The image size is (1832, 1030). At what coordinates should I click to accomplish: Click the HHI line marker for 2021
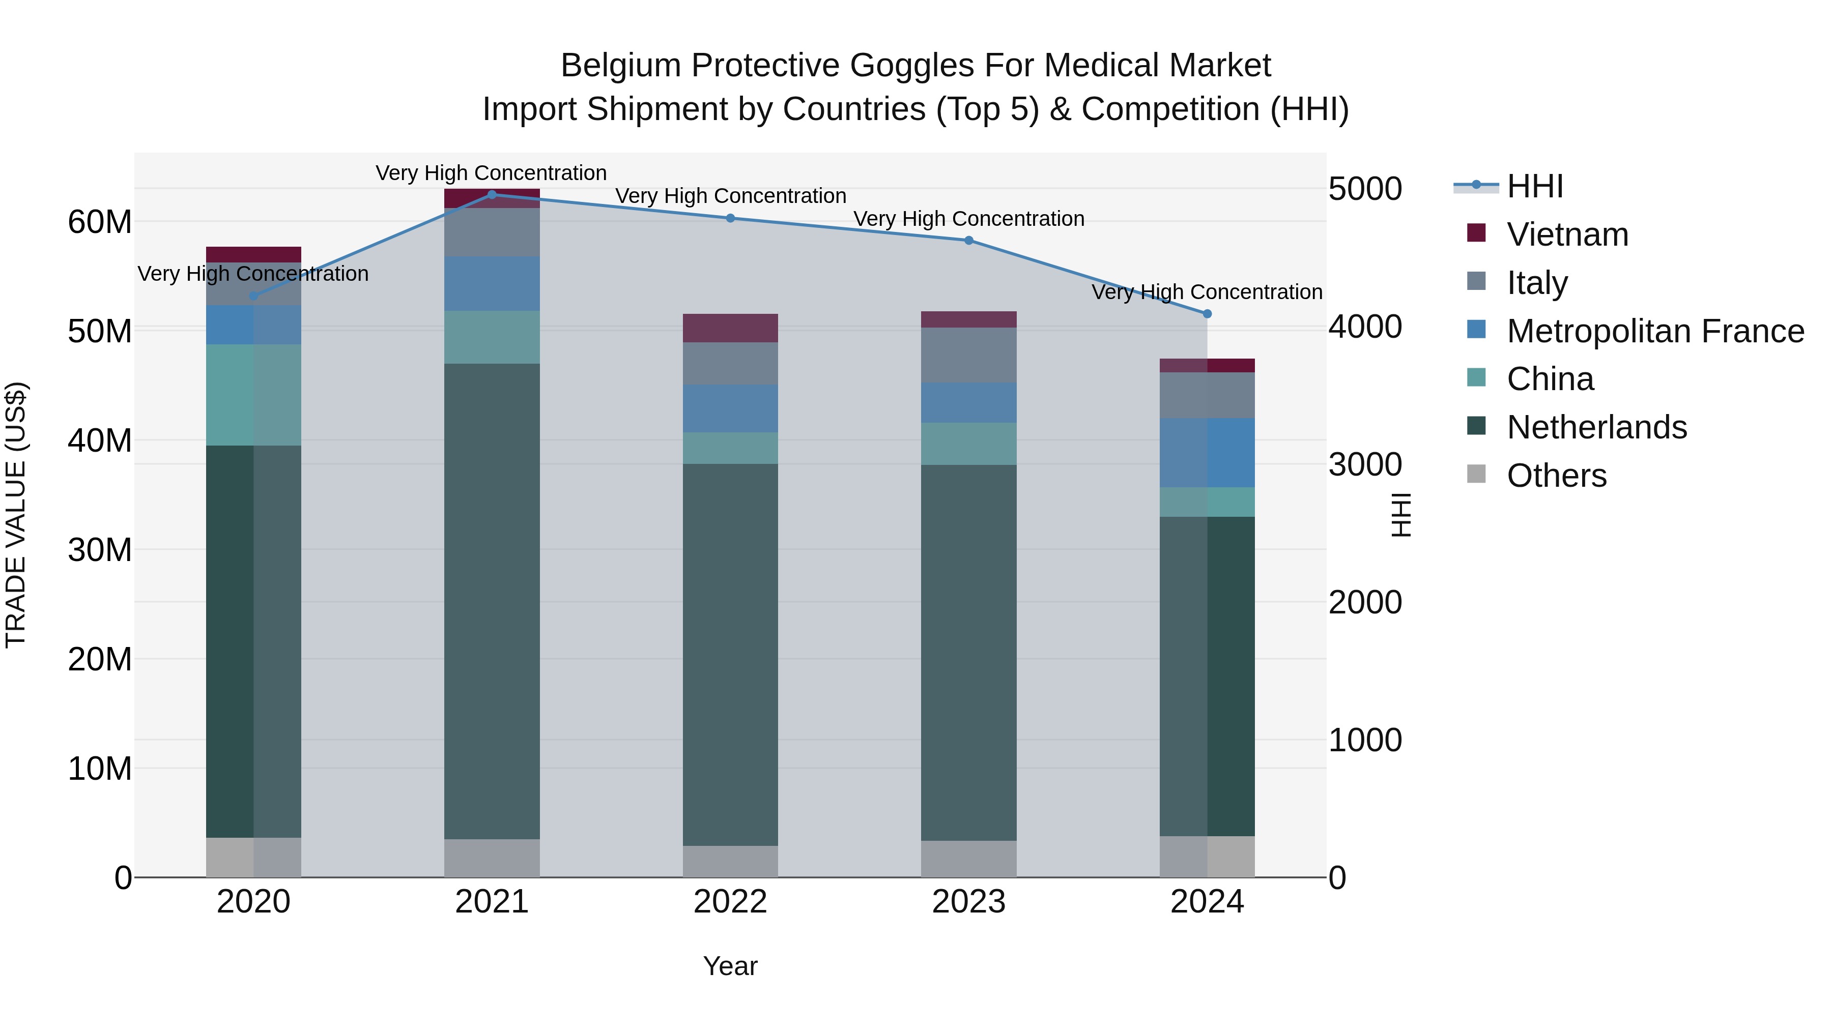tap(492, 195)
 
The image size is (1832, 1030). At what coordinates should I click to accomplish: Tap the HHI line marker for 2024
tap(1207, 313)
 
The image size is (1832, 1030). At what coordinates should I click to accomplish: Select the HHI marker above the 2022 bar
tap(730, 218)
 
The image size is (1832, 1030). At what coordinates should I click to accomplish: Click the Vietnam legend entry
tap(1567, 234)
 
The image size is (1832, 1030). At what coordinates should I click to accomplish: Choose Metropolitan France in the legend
tap(1655, 331)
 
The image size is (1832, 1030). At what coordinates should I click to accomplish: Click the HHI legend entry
tap(1535, 186)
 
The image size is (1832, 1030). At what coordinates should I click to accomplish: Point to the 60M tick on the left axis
tap(100, 222)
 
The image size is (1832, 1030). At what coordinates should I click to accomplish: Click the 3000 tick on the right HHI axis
tap(1365, 465)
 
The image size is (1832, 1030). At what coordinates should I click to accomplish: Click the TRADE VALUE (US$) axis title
tap(16, 515)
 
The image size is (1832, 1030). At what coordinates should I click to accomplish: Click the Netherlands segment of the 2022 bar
tap(730, 654)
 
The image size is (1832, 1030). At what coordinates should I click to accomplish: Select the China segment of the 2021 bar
tap(492, 337)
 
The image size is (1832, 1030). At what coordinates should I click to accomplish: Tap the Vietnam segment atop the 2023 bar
tap(968, 319)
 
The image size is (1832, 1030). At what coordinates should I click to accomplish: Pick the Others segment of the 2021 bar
tap(492, 858)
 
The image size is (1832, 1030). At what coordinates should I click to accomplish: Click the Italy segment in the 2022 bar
tap(730, 363)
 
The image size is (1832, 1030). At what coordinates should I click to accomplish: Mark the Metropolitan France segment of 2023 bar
tap(968, 402)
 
